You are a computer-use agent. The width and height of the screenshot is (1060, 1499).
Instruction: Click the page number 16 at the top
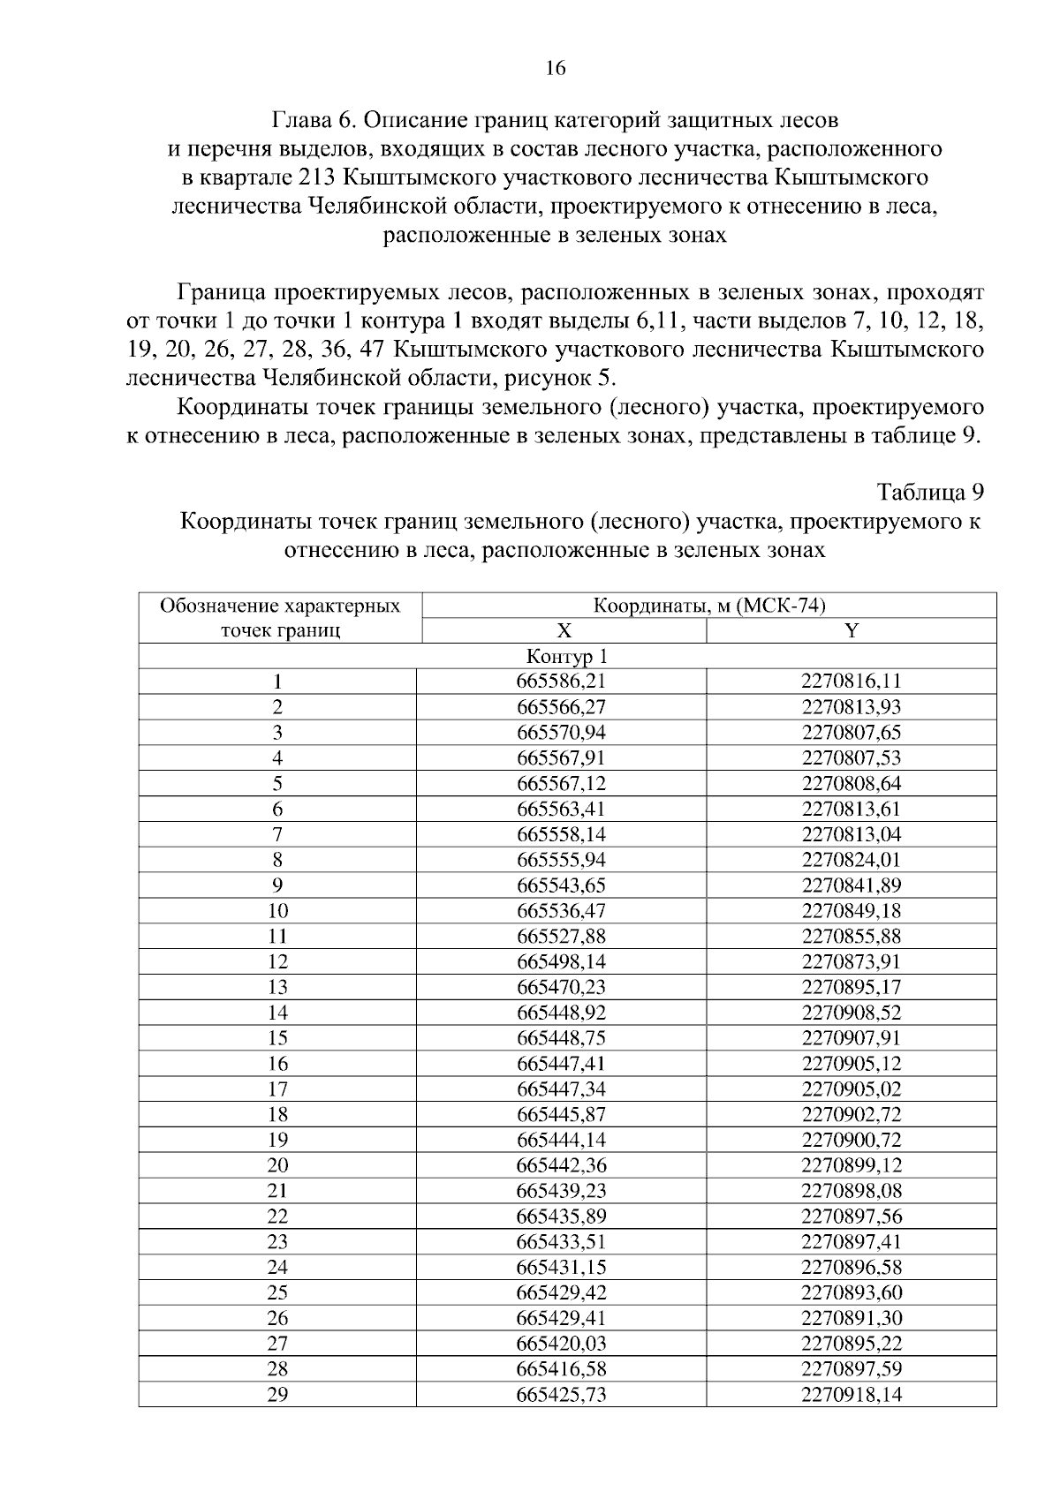point(556,68)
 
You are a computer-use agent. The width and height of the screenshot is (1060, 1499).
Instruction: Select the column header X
point(564,630)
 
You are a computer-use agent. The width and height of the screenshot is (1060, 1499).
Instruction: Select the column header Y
point(852,630)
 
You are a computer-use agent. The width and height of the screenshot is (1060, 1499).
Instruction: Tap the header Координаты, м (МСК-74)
point(709,606)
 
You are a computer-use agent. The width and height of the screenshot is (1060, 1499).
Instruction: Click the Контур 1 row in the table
point(567,656)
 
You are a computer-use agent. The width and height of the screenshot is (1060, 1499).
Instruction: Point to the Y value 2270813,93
point(852,707)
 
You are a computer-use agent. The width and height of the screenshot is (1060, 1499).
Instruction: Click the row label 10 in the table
point(277,911)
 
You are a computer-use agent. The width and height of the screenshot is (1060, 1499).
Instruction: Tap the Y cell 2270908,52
point(852,1013)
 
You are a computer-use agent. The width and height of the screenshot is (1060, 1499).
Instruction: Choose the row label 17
point(277,1089)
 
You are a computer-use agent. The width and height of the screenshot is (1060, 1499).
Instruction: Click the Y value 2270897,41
point(852,1242)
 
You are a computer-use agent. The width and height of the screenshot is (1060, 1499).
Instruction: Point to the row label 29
point(277,1395)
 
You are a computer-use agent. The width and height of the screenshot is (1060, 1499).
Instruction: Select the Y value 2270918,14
point(852,1395)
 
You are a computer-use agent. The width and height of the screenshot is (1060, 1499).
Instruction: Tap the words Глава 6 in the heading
point(313,118)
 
